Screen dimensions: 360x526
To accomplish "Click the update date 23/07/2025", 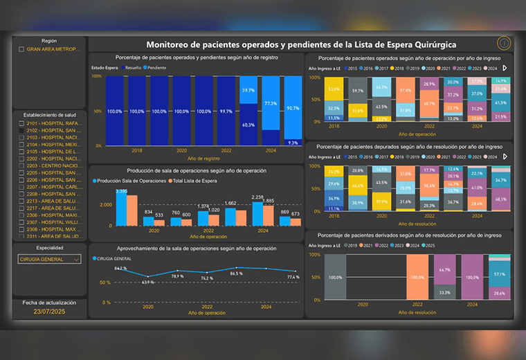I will pos(48,312).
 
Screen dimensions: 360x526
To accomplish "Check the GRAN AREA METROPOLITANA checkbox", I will pos(21,49).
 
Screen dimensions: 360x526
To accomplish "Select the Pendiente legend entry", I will pos(156,68).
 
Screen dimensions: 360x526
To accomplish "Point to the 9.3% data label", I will pos(293,143).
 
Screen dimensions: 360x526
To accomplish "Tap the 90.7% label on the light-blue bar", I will pos(293,108).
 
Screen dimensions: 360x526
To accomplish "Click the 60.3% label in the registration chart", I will pos(248,125).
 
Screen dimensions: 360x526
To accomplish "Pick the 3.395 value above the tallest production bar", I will pos(121,191).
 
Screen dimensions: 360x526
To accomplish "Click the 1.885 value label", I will pos(269,201).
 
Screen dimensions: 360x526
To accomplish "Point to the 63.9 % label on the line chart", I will pos(147,282).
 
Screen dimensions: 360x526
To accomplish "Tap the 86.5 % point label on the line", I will pos(237,273).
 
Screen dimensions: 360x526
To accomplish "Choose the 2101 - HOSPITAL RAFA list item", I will pos(49,123).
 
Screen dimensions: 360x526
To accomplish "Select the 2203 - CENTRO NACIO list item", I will pos(49,166).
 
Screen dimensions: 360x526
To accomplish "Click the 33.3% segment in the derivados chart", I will pos(444,292).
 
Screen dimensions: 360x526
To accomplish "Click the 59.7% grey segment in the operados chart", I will pos(357,91).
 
